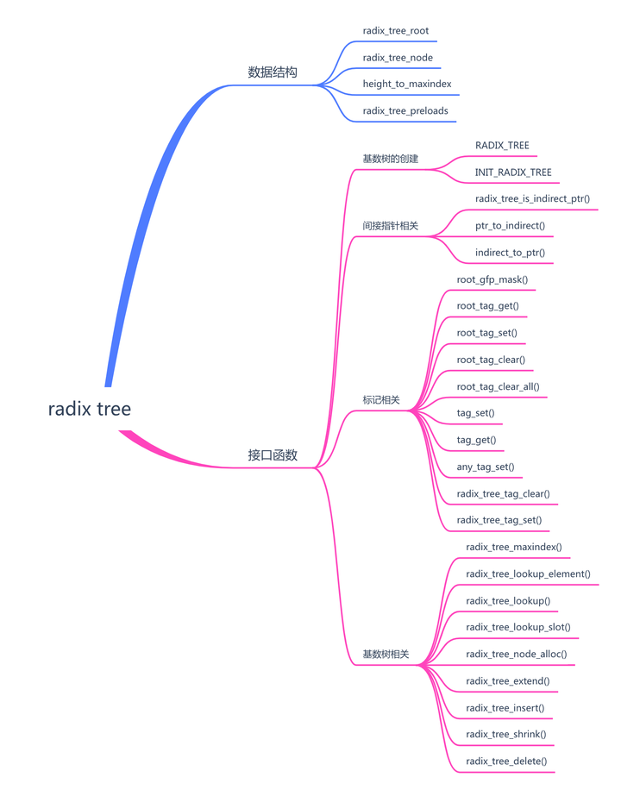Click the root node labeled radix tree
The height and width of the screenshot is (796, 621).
click(x=90, y=409)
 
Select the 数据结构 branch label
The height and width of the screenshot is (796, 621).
click(x=273, y=72)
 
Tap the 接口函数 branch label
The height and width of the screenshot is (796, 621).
click(x=273, y=455)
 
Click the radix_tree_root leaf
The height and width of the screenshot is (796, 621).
click(x=395, y=31)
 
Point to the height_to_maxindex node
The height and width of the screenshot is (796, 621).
click(x=406, y=85)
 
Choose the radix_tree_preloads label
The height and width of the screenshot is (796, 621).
click(x=405, y=111)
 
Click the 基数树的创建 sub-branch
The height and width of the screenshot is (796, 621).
click(x=390, y=159)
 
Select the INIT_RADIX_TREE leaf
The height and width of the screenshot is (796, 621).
click(x=512, y=172)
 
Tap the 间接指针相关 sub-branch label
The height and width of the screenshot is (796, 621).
click(x=390, y=226)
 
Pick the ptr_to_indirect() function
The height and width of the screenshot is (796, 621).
click(x=510, y=226)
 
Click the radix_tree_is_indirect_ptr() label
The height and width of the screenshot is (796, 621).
click(x=532, y=199)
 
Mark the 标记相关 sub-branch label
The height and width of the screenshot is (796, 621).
click(x=380, y=400)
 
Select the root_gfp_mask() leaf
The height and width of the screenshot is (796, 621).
click(x=492, y=280)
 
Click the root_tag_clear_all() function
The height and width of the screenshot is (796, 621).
click(x=498, y=387)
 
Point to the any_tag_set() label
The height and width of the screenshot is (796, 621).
click(x=485, y=467)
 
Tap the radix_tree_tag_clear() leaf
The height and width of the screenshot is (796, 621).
click(x=503, y=494)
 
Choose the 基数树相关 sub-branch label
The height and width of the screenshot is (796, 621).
click(x=386, y=655)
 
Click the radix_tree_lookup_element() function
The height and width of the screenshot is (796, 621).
click(x=528, y=574)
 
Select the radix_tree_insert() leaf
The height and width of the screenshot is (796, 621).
click(x=505, y=708)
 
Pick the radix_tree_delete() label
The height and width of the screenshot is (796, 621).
click(x=505, y=762)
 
